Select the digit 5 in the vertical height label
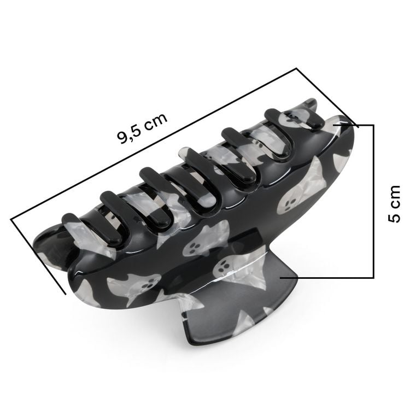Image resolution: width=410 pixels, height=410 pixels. coord(394,216)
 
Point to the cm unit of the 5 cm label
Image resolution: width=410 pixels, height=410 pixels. coord(394,194)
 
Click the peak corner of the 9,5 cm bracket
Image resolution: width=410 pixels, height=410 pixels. coord(296,69)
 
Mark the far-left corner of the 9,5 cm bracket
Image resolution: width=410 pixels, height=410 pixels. coord(11,219)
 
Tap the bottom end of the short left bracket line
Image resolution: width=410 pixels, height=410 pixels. coord(66,294)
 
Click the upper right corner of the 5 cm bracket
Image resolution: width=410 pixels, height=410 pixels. coord(373,125)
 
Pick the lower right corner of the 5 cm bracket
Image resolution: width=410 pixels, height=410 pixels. coord(373,277)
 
